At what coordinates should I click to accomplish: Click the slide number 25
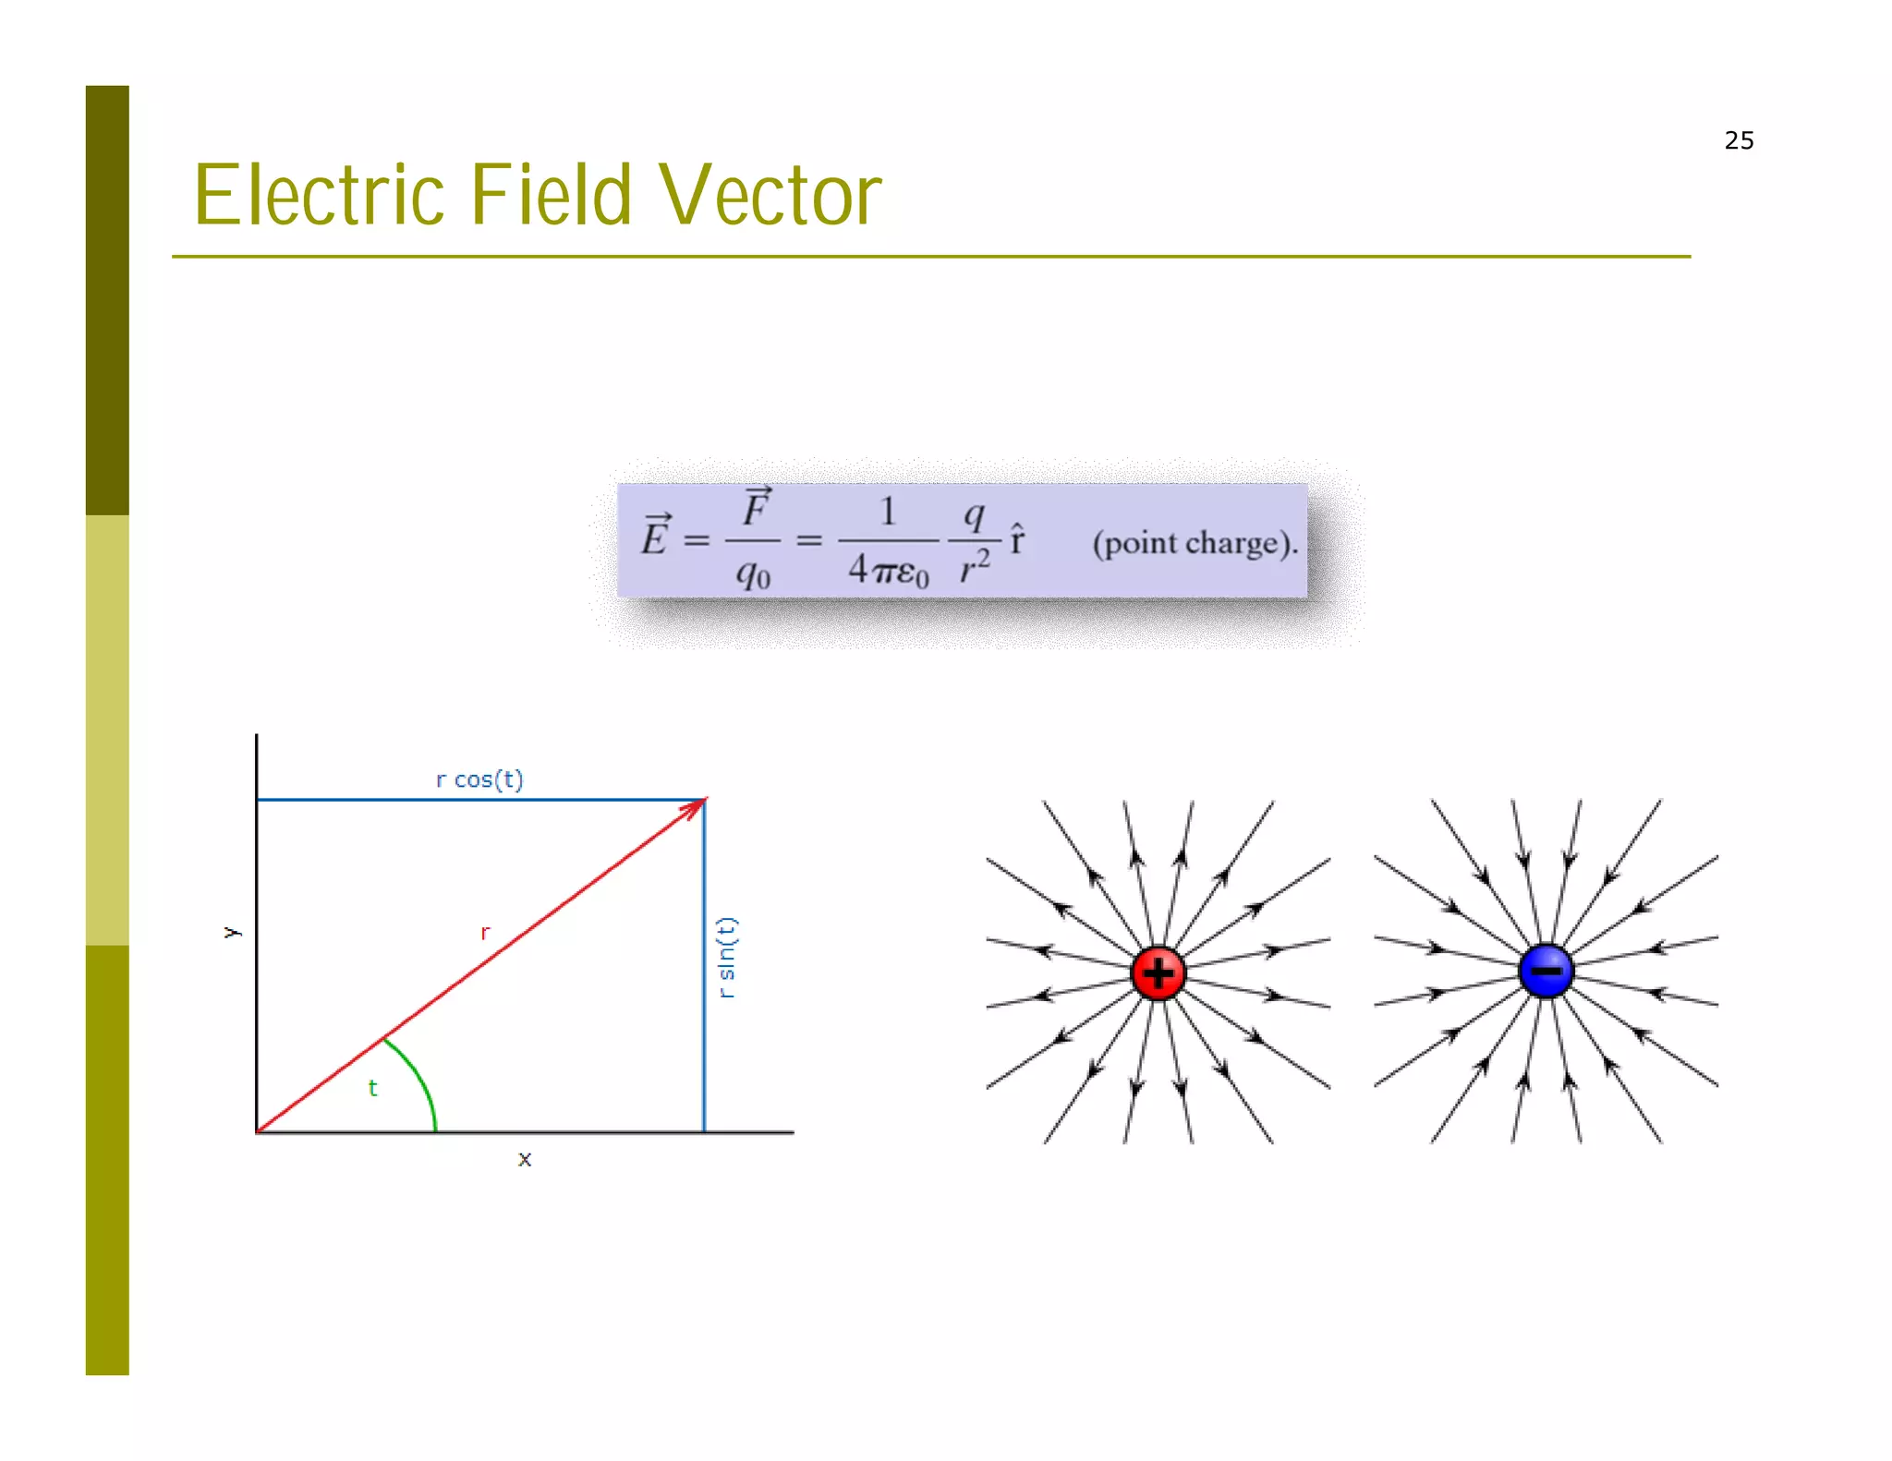click(1738, 140)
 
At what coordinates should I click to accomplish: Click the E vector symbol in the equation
click(656, 535)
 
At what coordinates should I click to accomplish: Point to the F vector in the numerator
click(756, 507)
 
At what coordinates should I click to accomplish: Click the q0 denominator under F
click(753, 574)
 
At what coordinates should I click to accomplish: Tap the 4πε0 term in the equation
click(888, 570)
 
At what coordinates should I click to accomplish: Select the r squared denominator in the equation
click(974, 566)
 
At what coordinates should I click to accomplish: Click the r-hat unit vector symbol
click(1017, 537)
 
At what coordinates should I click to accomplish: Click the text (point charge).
click(1195, 543)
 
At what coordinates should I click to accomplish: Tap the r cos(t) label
click(479, 779)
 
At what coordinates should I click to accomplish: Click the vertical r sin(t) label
click(727, 957)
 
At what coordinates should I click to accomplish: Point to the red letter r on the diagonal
click(485, 933)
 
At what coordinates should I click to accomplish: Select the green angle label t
click(372, 1088)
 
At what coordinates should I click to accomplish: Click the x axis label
click(524, 1159)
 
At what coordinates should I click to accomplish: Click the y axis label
click(232, 932)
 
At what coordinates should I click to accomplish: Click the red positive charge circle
click(1158, 972)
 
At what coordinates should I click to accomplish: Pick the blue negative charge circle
click(1546, 971)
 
